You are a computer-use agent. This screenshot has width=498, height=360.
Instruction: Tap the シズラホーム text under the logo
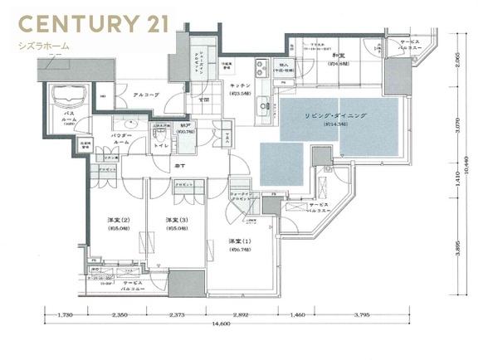click(x=44, y=46)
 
